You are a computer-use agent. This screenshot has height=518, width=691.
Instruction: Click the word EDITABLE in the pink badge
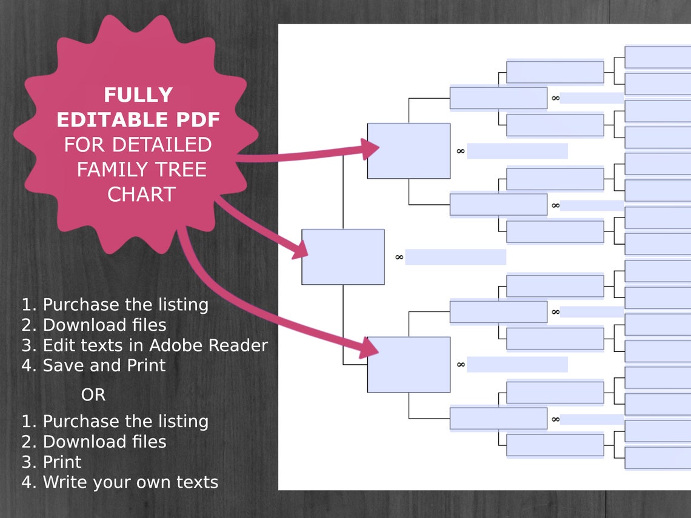coord(114,120)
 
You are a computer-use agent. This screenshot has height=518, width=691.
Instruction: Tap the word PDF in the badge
coord(198,120)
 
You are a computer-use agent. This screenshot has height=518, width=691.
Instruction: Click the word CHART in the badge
coord(141,194)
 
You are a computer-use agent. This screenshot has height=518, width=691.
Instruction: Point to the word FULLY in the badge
coord(138,95)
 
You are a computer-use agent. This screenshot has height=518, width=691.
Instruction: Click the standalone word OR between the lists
coord(93,395)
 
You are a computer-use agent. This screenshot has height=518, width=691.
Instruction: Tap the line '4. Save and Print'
coord(93,365)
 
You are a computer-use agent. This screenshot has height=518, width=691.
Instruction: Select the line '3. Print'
coord(52,462)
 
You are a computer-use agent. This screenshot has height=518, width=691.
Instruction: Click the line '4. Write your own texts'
coord(120,482)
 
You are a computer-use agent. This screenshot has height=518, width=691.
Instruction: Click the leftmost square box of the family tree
coord(343,257)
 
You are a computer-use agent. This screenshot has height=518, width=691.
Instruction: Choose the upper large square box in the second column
coord(409,151)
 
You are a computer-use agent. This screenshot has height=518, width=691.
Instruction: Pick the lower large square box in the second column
coord(409,364)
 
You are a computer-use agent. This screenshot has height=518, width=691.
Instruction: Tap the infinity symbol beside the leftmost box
coord(399,257)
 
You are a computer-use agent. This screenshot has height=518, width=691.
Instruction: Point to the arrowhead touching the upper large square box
coord(370,148)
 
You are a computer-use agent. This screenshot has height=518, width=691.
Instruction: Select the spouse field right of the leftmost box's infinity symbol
coord(456,257)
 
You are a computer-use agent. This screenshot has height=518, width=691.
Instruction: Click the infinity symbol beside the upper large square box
coord(461,151)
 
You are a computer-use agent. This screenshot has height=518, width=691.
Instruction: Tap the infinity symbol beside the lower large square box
coord(461,364)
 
